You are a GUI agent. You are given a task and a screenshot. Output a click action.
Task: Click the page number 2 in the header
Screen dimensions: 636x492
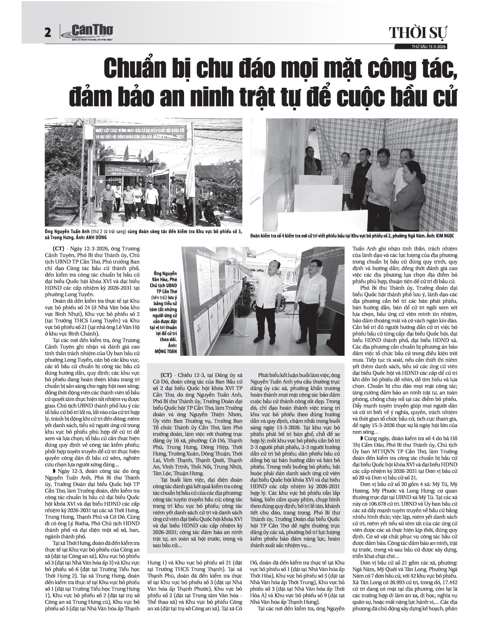(x=48, y=33)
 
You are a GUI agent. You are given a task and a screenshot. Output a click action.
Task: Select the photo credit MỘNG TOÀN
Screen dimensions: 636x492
(x=164, y=352)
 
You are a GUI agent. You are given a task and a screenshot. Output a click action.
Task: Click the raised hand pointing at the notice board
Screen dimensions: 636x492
(x=233, y=262)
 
